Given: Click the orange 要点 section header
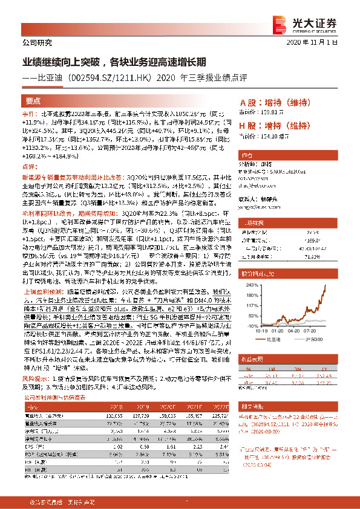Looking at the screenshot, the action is click(34, 101).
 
